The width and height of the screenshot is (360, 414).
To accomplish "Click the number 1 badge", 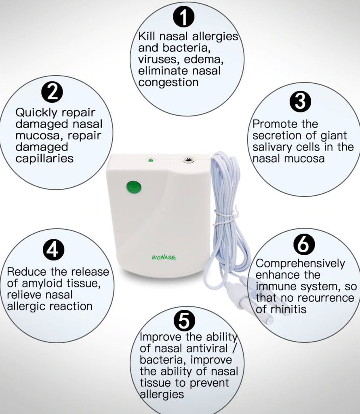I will (x=184, y=18).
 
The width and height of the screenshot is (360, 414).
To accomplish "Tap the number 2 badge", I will (x=53, y=93).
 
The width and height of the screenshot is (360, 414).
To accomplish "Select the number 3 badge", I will (x=300, y=102).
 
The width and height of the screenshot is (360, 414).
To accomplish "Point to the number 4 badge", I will (x=53, y=251).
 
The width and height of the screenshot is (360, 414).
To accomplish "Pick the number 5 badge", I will (x=184, y=321).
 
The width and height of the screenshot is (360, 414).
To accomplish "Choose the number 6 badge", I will (x=304, y=244).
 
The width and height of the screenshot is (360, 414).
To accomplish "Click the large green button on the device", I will (x=133, y=187).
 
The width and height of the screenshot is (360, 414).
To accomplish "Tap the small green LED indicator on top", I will (x=150, y=161).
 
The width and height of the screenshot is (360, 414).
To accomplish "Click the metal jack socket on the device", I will (x=188, y=161).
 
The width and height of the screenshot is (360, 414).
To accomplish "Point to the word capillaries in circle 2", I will (x=44, y=158).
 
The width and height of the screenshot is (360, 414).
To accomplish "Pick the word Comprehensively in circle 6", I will (x=301, y=264).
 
